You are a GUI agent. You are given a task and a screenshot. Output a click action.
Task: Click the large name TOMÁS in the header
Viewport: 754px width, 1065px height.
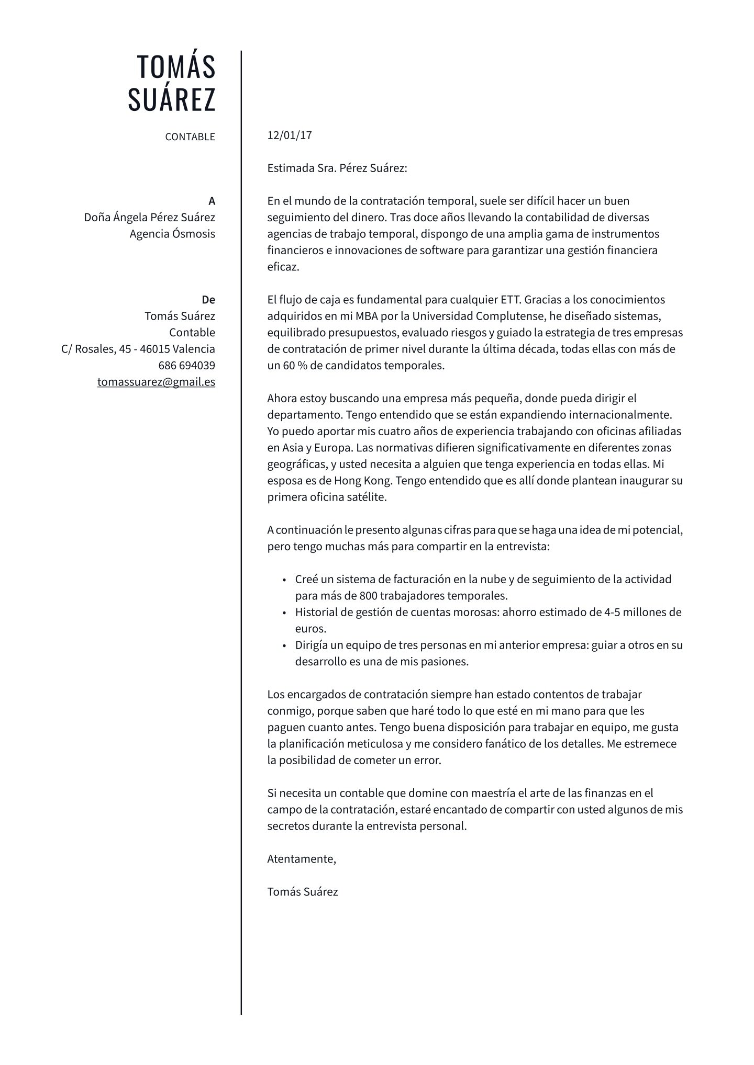pyautogui.click(x=176, y=66)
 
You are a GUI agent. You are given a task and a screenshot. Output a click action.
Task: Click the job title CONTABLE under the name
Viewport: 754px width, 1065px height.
pyautogui.click(x=190, y=137)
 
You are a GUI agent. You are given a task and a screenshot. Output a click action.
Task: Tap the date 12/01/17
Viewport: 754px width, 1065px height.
pyautogui.click(x=290, y=135)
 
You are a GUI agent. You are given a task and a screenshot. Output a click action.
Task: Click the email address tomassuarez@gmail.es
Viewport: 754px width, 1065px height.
pyautogui.click(x=156, y=382)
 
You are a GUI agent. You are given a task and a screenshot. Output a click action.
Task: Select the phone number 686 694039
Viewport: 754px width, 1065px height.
pyautogui.click(x=186, y=365)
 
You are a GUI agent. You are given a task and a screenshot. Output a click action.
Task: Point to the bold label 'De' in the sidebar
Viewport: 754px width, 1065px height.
pyautogui.click(x=208, y=300)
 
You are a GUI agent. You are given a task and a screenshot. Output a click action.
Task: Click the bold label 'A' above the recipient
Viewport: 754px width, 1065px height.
pyautogui.click(x=212, y=201)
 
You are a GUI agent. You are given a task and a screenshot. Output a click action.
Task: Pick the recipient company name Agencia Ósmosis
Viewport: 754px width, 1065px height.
pyautogui.click(x=172, y=234)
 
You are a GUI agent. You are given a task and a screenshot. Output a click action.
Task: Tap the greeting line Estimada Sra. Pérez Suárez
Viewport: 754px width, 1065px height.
pyautogui.click(x=337, y=168)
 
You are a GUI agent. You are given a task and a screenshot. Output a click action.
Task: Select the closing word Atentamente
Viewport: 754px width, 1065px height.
pyautogui.click(x=301, y=858)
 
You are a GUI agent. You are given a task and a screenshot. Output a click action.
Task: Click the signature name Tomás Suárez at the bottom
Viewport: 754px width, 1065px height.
pyautogui.click(x=302, y=891)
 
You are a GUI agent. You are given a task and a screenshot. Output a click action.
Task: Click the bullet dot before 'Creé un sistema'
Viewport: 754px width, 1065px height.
pyautogui.click(x=284, y=580)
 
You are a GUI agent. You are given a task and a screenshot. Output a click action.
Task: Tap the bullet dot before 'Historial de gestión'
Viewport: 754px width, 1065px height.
pyautogui.click(x=284, y=613)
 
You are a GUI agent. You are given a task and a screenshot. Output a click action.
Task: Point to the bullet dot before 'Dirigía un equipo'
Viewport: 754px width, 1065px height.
pyautogui.click(x=284, y=646)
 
